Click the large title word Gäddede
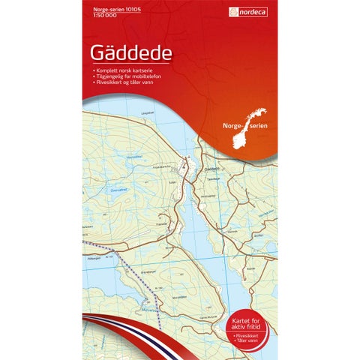(130, 53)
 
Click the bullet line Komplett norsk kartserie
(123, 70)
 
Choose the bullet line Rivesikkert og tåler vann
(124, 82)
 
